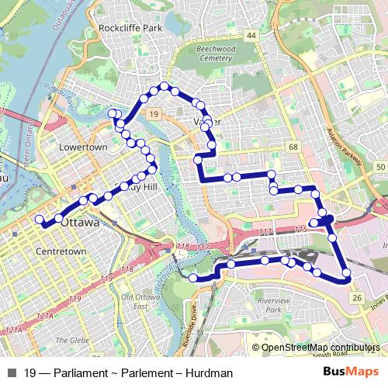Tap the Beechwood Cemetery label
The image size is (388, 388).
point(206,53)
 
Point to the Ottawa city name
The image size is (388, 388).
point(80,223)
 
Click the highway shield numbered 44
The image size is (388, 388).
point(251,36)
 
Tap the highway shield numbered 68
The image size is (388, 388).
point(293,147)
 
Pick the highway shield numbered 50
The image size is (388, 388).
point(379,167)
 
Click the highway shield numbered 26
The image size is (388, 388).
point(356,297)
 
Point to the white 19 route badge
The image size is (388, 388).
point(154,115)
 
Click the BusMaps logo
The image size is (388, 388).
point(350,373)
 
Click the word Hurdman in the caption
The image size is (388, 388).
point(210,373)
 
